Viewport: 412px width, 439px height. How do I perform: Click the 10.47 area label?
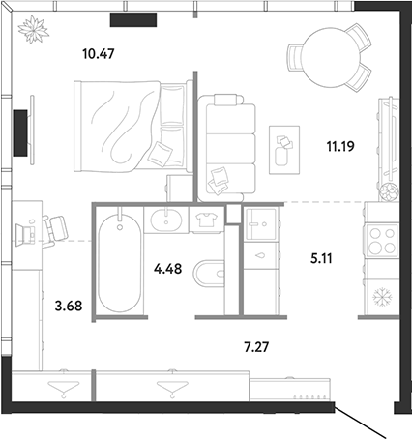tap(99, 54)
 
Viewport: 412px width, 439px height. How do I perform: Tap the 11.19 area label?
tap(340, 146)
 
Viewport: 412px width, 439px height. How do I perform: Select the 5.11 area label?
tap(321, 258)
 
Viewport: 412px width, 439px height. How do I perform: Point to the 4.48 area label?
tap(167, 268)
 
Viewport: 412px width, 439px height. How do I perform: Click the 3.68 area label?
tap(69, 306)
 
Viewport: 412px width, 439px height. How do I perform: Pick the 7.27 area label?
tap(256, 347)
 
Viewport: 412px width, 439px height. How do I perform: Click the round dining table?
tap(331, 57)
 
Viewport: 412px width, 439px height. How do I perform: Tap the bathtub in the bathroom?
tap(120, 263)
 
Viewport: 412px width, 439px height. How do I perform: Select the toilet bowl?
tap(209, 274)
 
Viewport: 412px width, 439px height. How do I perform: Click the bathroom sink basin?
tap(166, 220)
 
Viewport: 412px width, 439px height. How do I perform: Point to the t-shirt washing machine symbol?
tap(206, 220)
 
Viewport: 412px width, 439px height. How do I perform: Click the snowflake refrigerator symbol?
tap(382, 297)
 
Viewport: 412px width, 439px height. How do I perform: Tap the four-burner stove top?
tap(382, 241)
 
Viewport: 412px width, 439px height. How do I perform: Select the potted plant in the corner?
tap(34, 29)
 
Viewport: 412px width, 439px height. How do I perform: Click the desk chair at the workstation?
tap(55, 230)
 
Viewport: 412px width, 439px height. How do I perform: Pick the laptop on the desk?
tap(25, 235)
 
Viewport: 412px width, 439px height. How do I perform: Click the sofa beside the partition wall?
tap(227, 148)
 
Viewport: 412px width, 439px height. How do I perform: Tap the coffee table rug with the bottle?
tap(284, 150)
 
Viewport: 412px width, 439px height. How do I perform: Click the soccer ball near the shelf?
tap(389, 192)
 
